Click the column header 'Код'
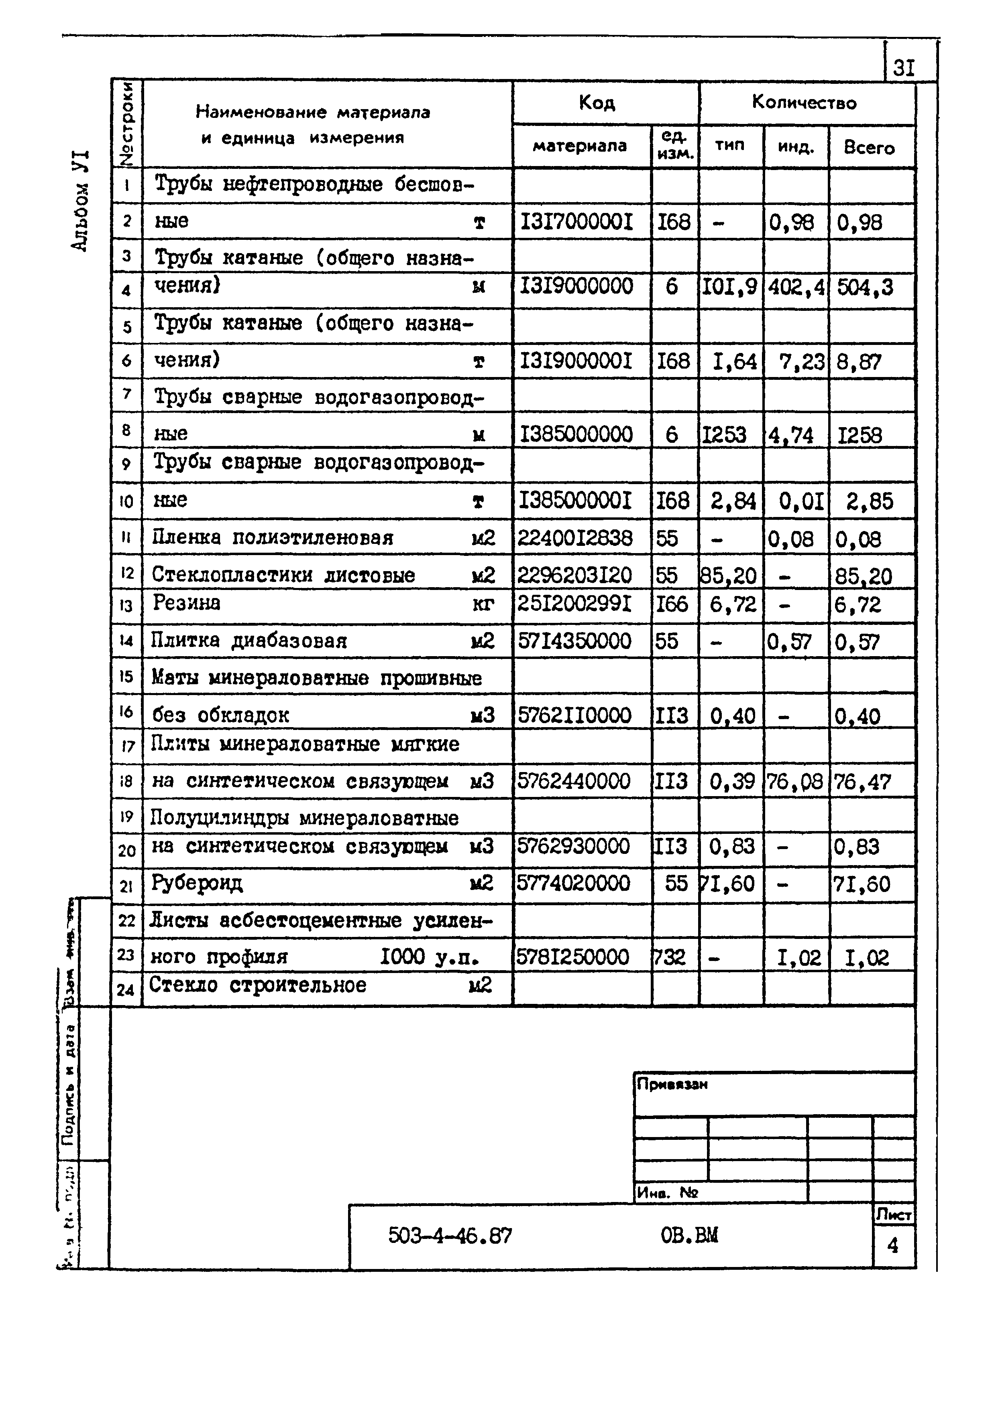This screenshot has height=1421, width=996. tap(597, 103)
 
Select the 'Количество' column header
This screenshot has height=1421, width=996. tap(804, 102)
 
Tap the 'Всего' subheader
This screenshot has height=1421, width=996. tap(869, 147)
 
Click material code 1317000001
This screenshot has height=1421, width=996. tap(576, 221)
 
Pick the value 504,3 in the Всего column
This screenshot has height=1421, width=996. tap(865, 288)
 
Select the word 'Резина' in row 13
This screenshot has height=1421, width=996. tap(186, 603)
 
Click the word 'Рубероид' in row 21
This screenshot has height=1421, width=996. tap(197, 882)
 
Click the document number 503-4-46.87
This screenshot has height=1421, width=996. tap(450, 1236)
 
